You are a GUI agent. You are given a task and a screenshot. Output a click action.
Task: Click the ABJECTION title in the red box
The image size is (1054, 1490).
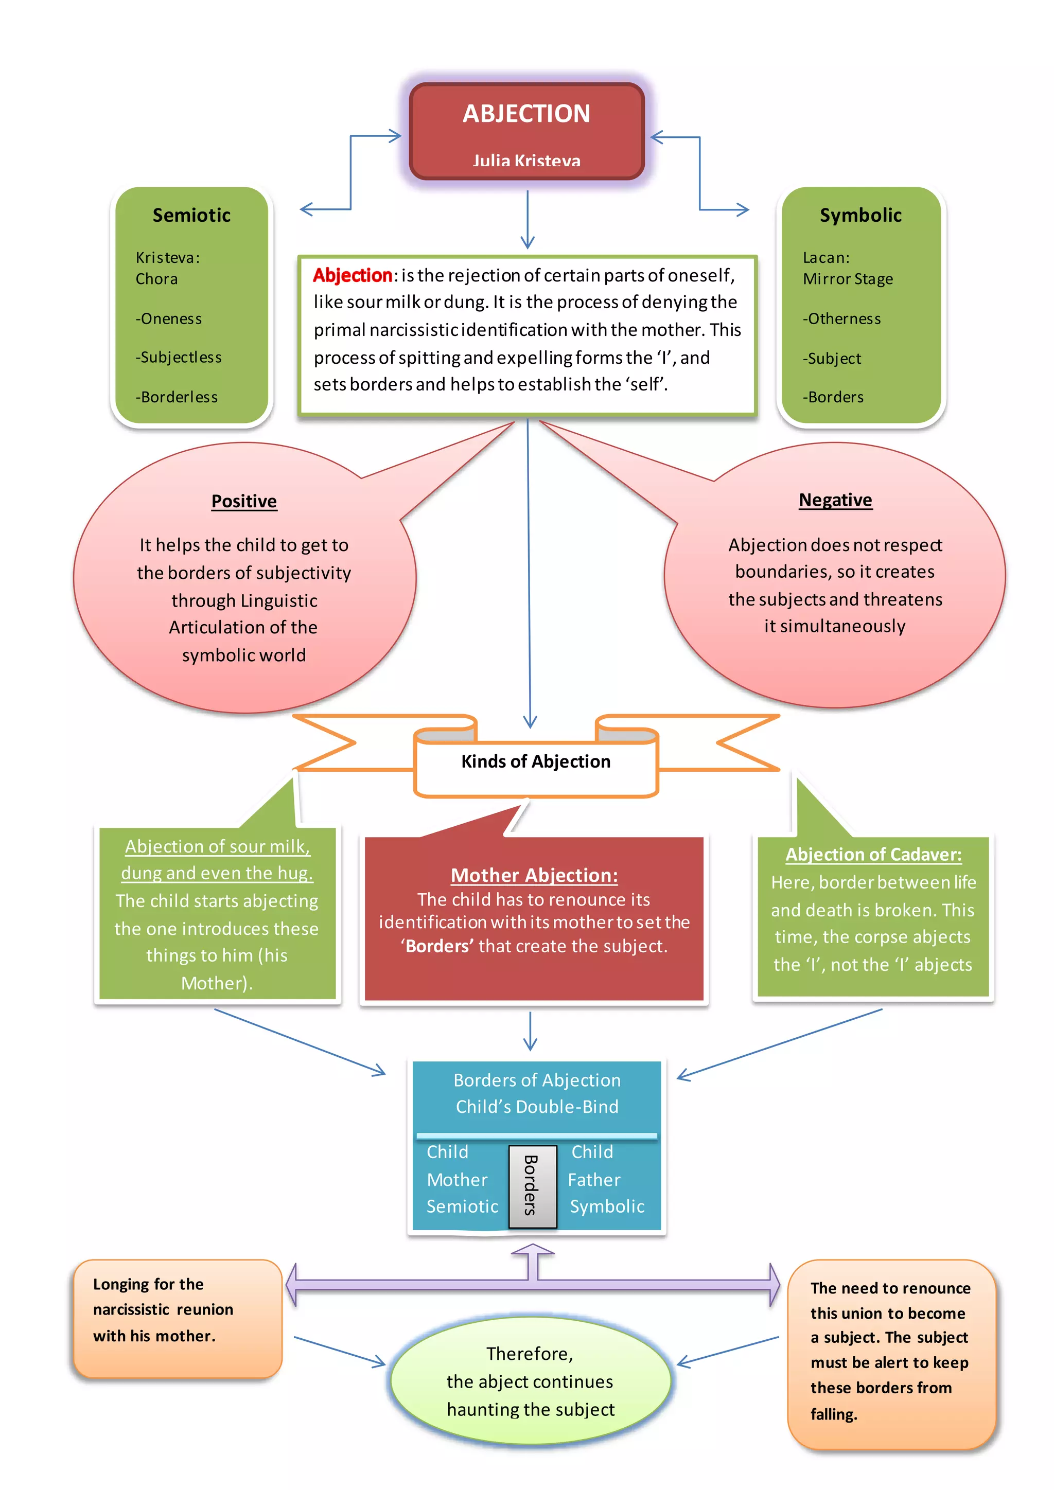(x=526, y=114)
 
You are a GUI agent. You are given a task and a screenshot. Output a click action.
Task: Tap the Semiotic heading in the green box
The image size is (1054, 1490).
(x=191, y=215)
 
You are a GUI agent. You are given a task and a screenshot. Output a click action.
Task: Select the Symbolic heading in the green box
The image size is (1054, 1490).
(x=860, y=215)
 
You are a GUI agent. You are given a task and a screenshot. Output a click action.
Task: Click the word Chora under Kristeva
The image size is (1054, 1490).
(x=156, y=279)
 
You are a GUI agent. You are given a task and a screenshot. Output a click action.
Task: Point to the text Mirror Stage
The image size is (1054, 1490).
(x=848, y=279)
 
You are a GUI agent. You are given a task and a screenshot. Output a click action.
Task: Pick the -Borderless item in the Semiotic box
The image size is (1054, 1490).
(x=177, y=397)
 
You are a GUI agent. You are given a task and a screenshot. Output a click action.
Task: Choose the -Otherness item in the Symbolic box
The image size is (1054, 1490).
(x=842, y=318)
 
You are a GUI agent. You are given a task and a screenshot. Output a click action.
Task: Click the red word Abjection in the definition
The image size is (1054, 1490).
(x=353, y=276)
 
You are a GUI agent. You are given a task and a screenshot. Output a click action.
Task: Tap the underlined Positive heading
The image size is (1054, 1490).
(x=244, y=501)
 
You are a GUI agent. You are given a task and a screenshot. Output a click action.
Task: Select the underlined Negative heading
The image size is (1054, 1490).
(x=835, y=500)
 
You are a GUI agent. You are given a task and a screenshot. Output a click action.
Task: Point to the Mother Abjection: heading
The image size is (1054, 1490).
(x=534, y=876)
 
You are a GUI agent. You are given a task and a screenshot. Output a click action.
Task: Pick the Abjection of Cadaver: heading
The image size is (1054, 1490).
(x=873, y=855)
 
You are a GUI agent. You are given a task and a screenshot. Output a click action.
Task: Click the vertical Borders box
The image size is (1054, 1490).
(x=532, y=1186)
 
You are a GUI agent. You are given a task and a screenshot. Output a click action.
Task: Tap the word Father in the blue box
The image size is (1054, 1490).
(x=594, y=1180)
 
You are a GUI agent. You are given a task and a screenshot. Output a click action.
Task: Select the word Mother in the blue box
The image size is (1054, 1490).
(x=457, y=1180)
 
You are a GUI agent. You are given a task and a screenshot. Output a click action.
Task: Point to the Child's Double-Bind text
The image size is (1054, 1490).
(x=537, y=1107)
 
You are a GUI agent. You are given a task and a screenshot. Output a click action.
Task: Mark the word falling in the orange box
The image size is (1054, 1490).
(x=834, y=1414)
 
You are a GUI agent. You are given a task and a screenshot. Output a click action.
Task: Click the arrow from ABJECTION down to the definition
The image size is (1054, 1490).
(x=528, y=219)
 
